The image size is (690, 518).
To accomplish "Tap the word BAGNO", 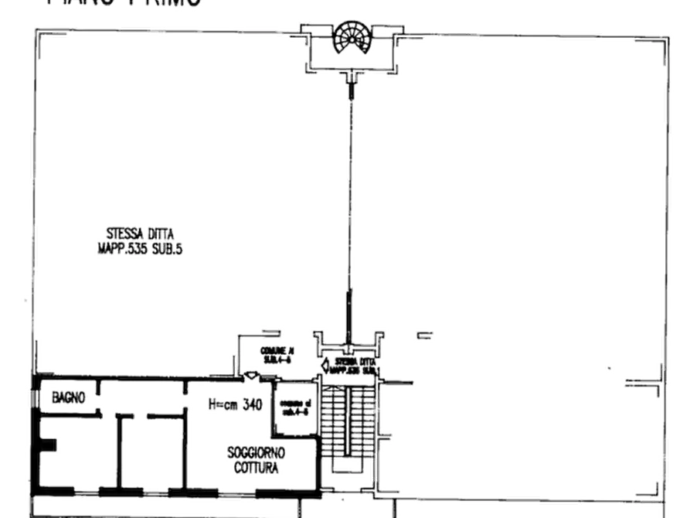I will click(x=69, y=397).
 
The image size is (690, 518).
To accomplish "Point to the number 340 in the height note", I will click(x=251, y=404).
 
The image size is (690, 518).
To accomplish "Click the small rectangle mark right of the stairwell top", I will click(x=423, y=335).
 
